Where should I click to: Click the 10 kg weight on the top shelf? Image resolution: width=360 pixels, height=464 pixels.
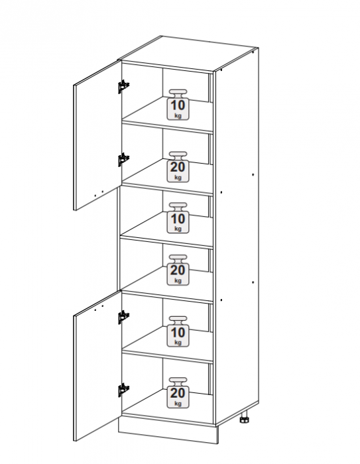(x=178, y=105)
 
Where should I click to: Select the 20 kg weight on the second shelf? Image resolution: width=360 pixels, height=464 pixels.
(x=178, y=167)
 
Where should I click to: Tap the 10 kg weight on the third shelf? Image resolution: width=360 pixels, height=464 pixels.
(x=178, y=218)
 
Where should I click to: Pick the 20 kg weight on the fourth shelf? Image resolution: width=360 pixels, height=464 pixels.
(x=178, y=270)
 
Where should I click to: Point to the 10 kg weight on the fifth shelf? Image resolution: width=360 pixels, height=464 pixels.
(x=178, y=331)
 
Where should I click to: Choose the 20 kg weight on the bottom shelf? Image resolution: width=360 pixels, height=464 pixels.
(x=178, y=392)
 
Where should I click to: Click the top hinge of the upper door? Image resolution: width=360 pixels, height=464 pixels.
(x=123, y=86)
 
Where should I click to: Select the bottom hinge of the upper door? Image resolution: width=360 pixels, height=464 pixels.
(x=123, y=160)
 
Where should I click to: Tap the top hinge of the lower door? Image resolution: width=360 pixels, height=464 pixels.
(x=123, y=318)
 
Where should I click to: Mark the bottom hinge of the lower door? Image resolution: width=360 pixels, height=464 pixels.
(x=123, y=390)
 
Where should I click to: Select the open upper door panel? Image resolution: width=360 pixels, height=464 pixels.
(x=97, y=135)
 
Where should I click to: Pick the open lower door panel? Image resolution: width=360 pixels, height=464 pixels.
(x=97, y=366)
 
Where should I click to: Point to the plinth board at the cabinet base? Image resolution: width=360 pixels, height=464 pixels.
(x=168, y=431)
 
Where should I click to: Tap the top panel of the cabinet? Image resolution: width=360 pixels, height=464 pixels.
(x=188, y=53)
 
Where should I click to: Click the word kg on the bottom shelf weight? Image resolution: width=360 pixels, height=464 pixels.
(x=178, y=403)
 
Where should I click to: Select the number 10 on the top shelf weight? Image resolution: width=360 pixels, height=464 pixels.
(x=178, y=105)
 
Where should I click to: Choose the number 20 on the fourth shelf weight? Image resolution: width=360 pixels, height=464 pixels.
(x=178, y=270)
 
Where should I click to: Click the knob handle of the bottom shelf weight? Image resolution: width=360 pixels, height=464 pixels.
(x=178, y=381)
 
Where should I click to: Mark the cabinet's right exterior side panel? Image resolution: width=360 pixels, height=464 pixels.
(x=237, y=237)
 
